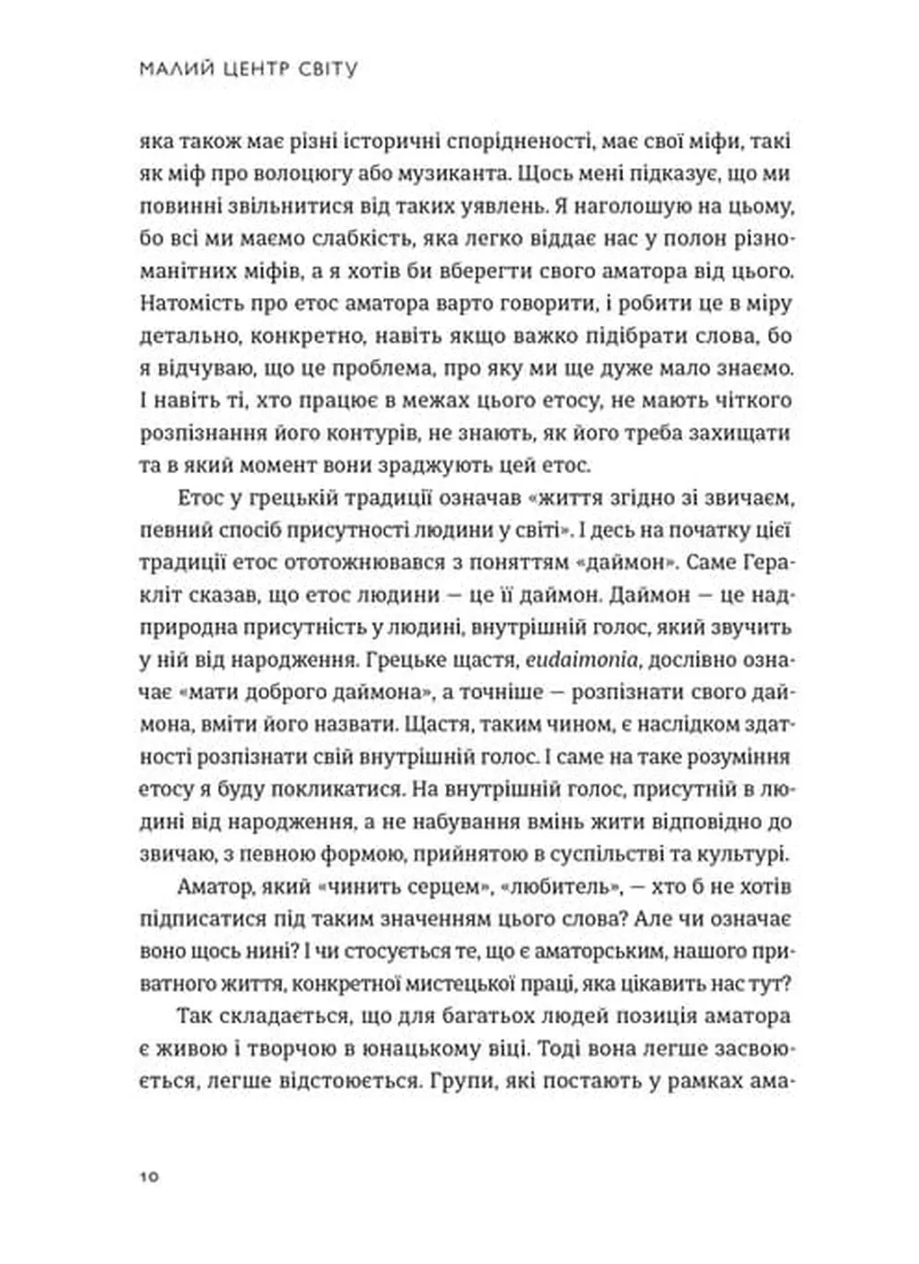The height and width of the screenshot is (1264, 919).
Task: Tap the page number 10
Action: [149, 1176]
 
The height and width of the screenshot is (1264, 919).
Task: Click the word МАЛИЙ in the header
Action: [171, 69]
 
